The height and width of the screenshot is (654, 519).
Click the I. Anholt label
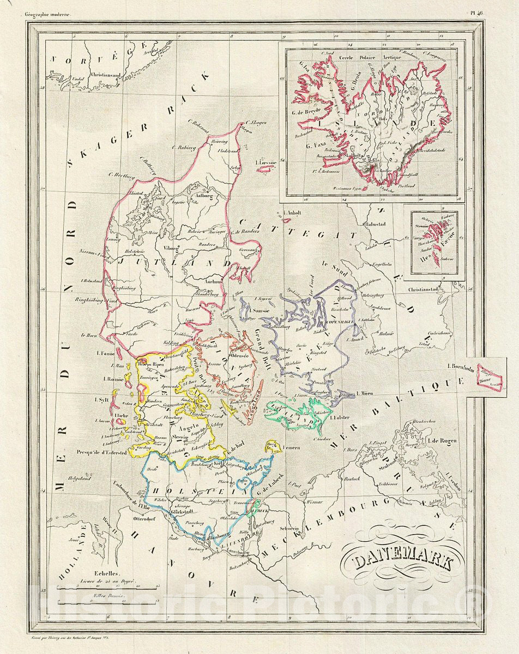[x=290, y=214]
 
